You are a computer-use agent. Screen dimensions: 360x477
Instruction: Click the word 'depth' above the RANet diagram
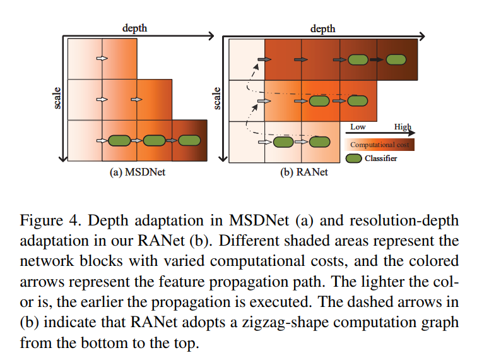click(x=323, y=27)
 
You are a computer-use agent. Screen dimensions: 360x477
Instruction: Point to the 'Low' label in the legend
click(x=358, y=127)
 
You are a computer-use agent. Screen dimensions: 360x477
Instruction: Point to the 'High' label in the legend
click(x=403, y=127)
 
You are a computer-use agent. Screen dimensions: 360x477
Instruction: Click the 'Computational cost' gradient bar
click(x=380, y=145)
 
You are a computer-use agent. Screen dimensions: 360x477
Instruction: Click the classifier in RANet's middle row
click(x=357, y=100)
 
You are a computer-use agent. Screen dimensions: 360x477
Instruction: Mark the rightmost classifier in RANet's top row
click(x=396, y=59)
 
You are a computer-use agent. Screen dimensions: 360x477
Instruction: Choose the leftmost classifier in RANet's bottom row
click(x=283, y=141)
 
